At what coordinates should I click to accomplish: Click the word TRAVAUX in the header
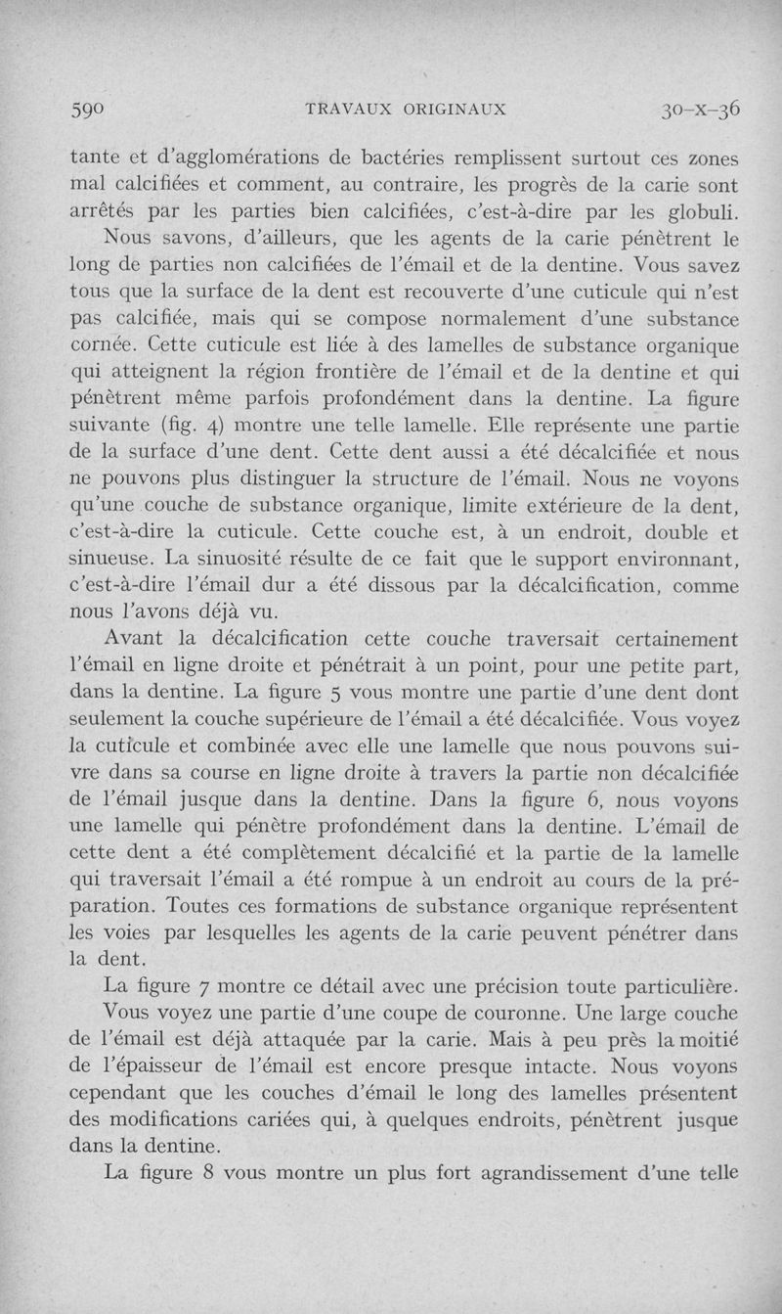[x=348, y=109]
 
